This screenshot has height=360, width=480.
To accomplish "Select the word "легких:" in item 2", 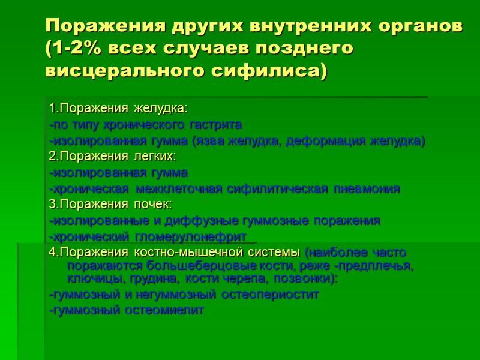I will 152,157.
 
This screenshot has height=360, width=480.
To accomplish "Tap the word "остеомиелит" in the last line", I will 165,310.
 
